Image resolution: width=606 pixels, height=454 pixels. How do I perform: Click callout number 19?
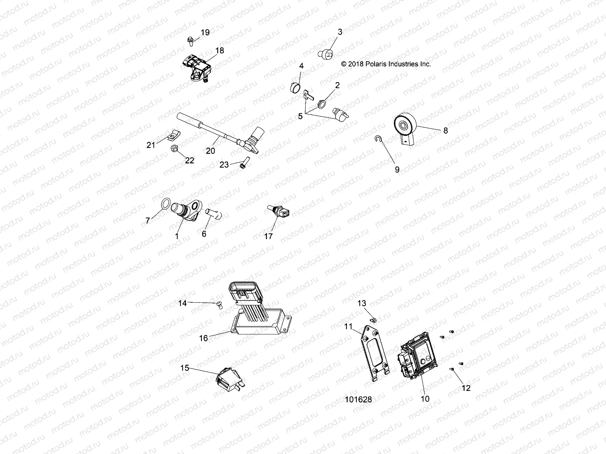[x=205, y=33]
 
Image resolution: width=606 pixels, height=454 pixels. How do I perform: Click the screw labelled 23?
[x=242, y=164]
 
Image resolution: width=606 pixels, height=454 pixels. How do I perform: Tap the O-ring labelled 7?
[x=166, y=204]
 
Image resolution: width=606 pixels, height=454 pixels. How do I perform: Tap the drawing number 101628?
[x=358, y=400]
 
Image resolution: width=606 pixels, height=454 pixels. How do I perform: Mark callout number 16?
[x=203, y=338]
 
